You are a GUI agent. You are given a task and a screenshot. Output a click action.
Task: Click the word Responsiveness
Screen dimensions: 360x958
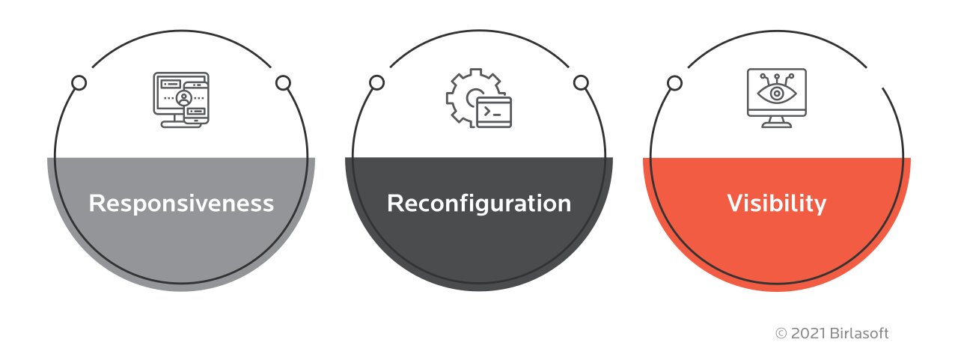[181, 203]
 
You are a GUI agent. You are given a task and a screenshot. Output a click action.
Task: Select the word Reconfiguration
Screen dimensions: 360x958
[479, 203]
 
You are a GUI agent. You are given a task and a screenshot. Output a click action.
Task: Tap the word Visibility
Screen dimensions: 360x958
[777, 203]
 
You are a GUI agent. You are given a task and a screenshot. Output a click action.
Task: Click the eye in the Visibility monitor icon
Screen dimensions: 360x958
[777, 94]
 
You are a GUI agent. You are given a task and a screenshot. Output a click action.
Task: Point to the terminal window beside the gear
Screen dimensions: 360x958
[495, 112]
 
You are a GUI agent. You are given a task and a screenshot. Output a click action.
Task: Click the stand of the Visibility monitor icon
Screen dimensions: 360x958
[777, 122]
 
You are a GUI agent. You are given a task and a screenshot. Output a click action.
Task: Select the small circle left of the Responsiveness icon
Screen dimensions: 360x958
[79, 83]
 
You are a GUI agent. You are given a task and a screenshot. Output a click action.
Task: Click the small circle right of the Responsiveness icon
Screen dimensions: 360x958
[283, 83]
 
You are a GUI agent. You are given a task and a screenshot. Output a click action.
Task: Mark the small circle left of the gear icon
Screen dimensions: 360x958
[376, 83]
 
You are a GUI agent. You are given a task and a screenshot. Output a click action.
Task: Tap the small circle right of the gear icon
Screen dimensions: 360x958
[582, 83]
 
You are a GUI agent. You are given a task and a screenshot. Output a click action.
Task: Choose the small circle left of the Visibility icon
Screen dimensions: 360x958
[674, 83]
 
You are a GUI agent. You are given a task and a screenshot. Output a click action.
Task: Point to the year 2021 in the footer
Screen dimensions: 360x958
[805, 334]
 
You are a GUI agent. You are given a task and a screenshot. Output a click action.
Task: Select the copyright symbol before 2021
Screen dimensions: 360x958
[781, 334]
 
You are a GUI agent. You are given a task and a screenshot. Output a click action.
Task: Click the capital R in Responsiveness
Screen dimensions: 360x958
[96, 203]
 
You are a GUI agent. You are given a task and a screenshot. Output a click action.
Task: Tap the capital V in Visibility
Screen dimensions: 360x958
[735, 203]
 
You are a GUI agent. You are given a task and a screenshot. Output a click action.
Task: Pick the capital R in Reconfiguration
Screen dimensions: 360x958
[394, 203]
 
